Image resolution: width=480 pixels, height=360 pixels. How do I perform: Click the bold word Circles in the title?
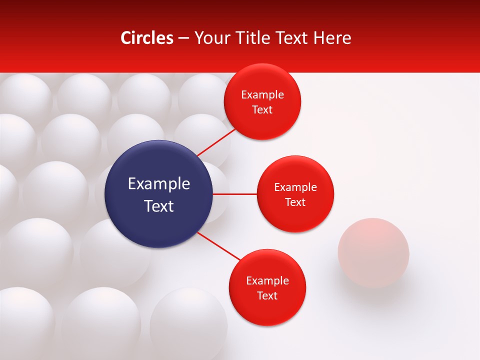[x=147, y=38]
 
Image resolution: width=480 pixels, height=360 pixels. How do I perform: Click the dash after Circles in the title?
[x=183, y=38]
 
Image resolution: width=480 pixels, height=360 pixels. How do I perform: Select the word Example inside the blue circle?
[x=159, y=183]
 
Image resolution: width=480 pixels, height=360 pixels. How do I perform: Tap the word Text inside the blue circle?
[x=159, y=206]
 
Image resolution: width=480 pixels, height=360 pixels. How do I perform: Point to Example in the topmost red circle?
[x=262, y=95]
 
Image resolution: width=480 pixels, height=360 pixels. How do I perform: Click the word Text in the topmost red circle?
[x=262, y=110]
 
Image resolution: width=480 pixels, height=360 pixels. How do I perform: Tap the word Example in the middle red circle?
[x=295, y=187]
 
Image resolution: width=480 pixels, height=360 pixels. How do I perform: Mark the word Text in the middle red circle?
[x=295, y=202]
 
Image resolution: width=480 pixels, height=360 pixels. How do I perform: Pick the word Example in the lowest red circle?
[x=267, y=281]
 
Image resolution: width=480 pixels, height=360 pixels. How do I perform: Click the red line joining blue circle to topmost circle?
[x=216, y=142]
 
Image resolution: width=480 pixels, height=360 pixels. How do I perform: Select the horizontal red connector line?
[x=235, y=194]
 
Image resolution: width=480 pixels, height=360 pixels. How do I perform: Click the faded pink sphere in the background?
[x=373, y=252]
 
